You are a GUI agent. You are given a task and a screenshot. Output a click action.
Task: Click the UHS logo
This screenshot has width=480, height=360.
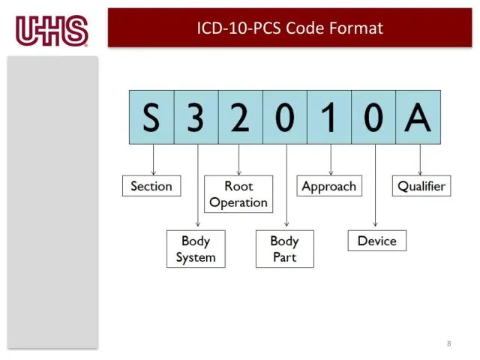coord(52,31)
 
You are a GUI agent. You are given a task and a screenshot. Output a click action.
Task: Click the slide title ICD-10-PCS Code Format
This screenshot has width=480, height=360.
coord(289,28)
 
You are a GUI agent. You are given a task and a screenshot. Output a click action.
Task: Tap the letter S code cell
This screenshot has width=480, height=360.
coord(151,117)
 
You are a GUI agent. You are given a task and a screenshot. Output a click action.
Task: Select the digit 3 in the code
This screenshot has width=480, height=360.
coord(196,117)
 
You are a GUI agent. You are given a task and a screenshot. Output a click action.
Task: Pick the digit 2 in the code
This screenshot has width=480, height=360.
coord(240,117)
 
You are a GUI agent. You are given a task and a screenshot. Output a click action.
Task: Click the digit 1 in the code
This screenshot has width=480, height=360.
coord(329,117)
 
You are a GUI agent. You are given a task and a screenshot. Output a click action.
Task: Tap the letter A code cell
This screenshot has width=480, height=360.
coord(418,117)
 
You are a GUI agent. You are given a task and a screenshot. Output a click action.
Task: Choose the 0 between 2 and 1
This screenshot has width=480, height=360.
coord(285,117)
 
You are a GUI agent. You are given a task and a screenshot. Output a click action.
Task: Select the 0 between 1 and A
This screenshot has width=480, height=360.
coord(373,117)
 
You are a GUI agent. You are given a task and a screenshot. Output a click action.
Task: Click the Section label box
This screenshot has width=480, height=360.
coord(151,186)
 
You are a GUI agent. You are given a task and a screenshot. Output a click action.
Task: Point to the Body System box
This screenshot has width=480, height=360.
coord(196,249)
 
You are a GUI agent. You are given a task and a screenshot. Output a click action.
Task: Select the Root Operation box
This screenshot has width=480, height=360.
coord(238,194)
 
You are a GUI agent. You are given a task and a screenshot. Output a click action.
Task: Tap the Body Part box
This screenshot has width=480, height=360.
coord(284,249)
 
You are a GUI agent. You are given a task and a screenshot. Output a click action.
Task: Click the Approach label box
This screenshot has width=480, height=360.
coord(329,186)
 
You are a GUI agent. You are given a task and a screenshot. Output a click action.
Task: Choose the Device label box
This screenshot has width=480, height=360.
coord(376,241)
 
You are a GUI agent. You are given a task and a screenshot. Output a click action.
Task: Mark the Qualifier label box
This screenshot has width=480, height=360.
coord(421,186)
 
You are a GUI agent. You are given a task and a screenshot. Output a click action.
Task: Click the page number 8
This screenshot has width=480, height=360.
coord(449,343)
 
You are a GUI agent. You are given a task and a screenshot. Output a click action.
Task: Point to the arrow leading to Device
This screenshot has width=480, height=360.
coord(374,187)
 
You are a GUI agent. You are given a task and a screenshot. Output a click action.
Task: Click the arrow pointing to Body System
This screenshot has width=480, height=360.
coord(198,187)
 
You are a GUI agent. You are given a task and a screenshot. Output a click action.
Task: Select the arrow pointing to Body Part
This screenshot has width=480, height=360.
coord(286,187)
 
